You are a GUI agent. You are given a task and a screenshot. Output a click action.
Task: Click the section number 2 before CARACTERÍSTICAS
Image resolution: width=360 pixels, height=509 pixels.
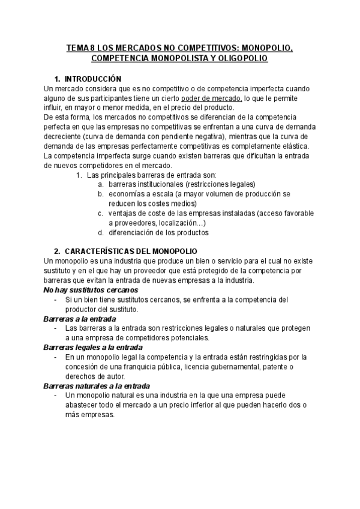tap(56, 252)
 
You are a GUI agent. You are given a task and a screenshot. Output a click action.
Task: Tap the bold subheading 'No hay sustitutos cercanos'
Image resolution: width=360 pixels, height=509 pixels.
tap(86, 290)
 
